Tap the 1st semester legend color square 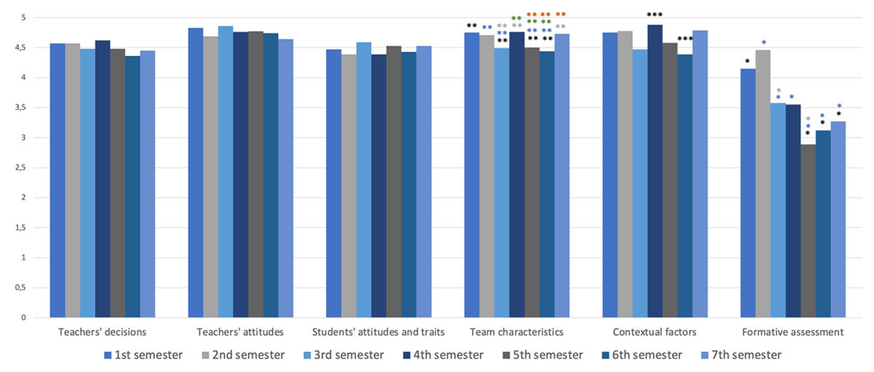[108, 355]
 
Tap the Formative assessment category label [792, 333]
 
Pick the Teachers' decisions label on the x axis [102, 333]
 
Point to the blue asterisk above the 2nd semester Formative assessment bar [763, 43]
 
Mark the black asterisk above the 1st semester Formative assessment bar [747, 61]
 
